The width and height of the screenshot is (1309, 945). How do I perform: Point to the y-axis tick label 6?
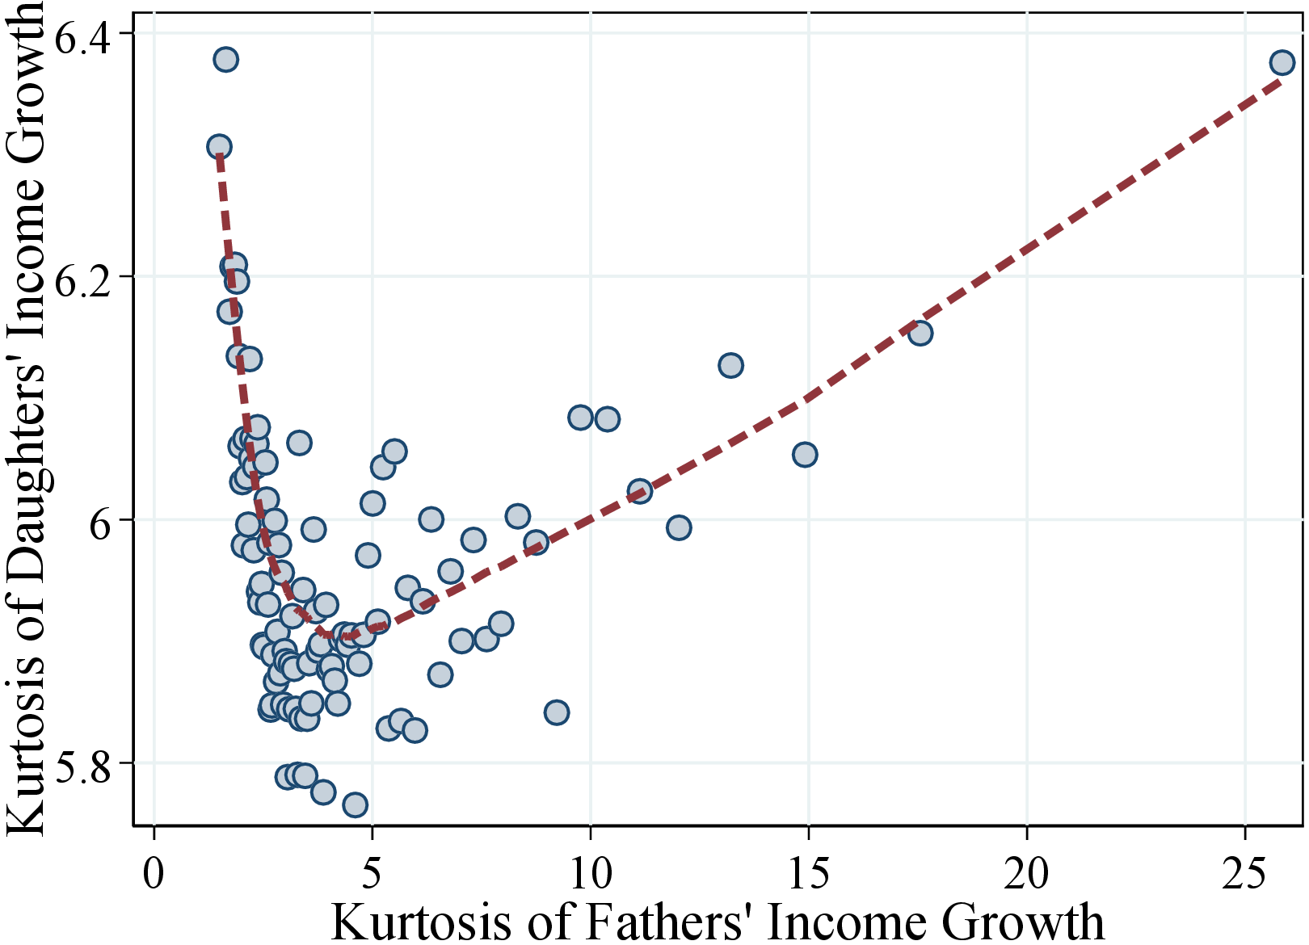pyautogui.click(x=102, y=521)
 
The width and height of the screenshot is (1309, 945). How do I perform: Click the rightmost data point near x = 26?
pyautogui.click(x=1282, y=62)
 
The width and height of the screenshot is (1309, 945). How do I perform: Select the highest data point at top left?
pyautogui.click(x=225, y=60)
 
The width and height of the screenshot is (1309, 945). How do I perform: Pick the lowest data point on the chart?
pyautogui.click(x=355, y=804)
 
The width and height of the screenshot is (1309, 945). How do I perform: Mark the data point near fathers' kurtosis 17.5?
pyautogui.click(x=920, y=333)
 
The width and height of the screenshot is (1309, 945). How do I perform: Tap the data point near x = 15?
pyautogui.click(x=805, y=455)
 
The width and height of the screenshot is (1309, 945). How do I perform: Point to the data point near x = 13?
pyautogui.click(x=730, y=365)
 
